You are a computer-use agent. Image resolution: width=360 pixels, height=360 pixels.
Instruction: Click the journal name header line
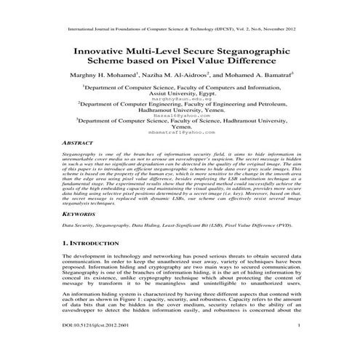tap(179, 31)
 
